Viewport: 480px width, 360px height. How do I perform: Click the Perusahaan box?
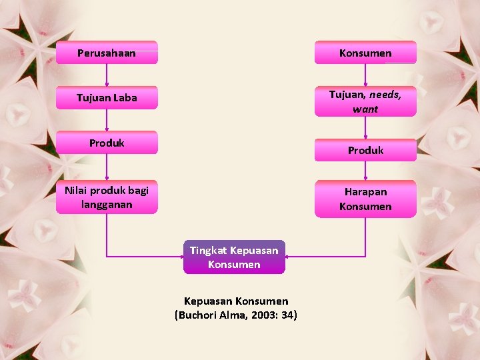click(x=107, y=53)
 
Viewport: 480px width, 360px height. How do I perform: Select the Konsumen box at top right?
click(x=365, y=53)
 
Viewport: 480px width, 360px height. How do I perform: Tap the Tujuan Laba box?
click(x=107, y=98)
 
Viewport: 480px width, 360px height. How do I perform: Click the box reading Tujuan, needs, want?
click(x=365, y=101)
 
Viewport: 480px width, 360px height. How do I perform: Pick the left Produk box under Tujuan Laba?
click(x=107, y=143)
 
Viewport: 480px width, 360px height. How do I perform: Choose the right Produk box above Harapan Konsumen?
click(x=365, y=150)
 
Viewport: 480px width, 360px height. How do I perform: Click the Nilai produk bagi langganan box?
click(x=107, y=197)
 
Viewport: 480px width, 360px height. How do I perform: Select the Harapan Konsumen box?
click(x=365, y=199)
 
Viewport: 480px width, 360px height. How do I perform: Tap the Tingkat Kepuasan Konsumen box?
click(x=234, y=257)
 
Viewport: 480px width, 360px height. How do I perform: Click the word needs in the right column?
click(x=385, y=94)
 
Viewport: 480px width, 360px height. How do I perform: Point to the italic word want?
click(x=365, y=109)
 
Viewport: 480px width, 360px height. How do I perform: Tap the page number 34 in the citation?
click(x=288, y=315)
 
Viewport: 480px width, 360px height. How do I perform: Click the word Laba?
click(x=125, y=98)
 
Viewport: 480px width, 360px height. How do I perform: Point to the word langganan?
click(x=107, y=204)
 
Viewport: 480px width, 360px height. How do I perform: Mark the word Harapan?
click(x=365, y=191)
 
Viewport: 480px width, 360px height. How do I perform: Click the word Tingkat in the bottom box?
click(x=208, y=250)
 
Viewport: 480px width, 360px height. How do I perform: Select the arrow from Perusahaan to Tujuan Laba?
click(x=107, y=75)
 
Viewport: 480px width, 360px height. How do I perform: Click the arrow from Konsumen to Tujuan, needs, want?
click(x=365, y=75)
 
